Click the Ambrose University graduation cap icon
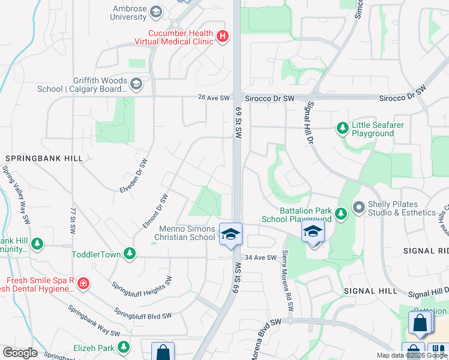pyautogui.click(x=156, y=11)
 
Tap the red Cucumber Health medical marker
pyautogui.click(x=223, y=37)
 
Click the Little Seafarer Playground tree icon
pyautogui.click(x=343, y=128)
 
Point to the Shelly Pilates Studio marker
pyautogui.click(x=359, y=208)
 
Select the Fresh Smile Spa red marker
pyautogui.click(x=83, y=283)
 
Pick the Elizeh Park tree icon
pyautogui.click(x=124, y=347)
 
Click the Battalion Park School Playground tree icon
pyautogui.click(x=341, y=213)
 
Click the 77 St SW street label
pyautogui.click(x=73, y=221)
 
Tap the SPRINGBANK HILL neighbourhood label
pyautogui.click(x=44, y=158)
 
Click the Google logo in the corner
pyautogui.click(x=20, y=353)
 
